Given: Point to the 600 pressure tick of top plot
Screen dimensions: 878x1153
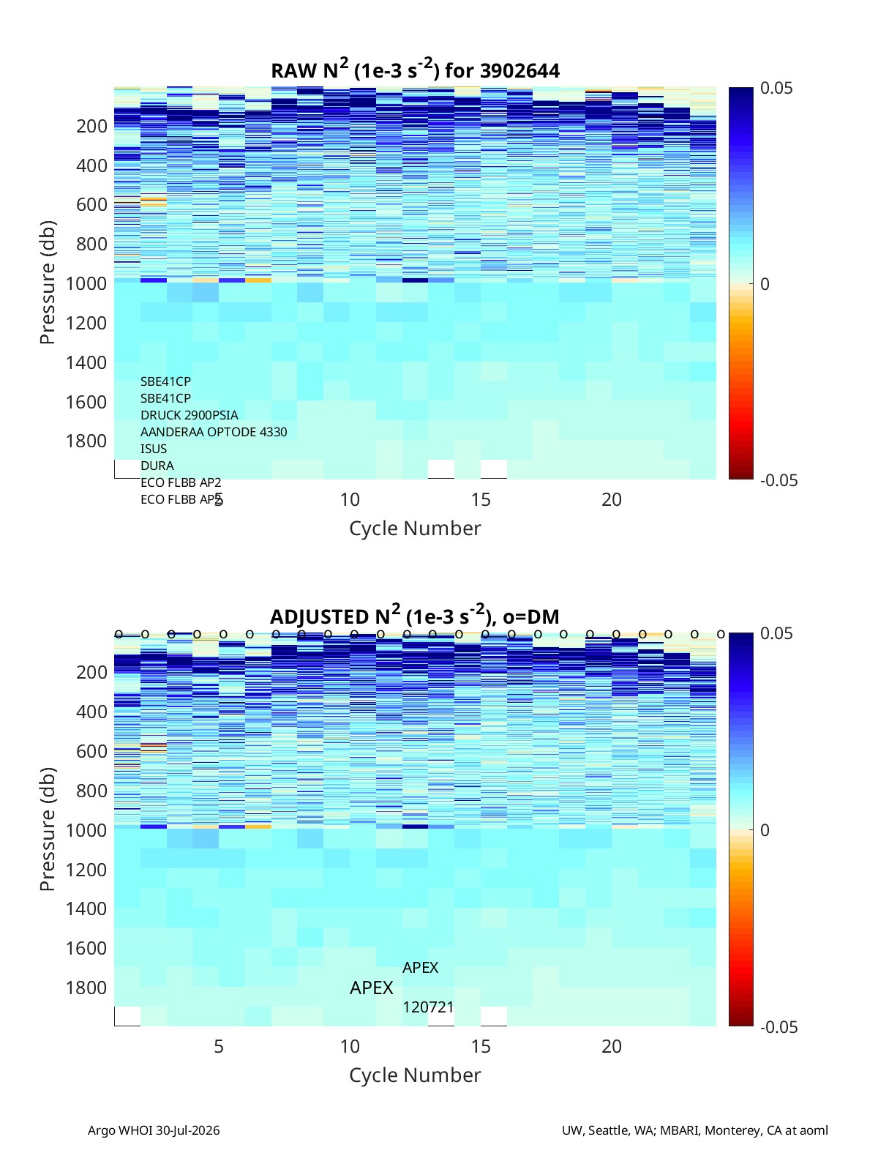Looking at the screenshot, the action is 91,205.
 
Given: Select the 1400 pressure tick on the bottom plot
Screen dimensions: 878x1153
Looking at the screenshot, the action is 86,908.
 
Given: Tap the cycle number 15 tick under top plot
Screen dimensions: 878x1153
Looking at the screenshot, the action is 480,499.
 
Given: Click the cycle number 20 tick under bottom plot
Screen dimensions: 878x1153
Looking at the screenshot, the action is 612,1046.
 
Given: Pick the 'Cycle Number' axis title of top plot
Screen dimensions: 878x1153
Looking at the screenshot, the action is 415,529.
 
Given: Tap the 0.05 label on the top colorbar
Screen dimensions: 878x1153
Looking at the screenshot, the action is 776,88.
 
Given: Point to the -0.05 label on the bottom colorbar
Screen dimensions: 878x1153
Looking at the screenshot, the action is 778,1027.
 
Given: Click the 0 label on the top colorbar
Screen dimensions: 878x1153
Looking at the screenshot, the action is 765,284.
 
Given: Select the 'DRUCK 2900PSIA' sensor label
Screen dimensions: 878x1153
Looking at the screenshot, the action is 189,415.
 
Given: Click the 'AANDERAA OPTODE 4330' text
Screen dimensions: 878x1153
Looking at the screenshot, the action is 214,432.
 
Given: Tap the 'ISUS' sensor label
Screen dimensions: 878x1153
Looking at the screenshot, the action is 153,449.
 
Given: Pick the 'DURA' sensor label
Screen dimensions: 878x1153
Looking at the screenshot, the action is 157,466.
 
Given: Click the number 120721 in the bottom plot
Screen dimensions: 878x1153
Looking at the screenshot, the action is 428,1007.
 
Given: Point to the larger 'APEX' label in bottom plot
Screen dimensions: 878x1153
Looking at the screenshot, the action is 371,988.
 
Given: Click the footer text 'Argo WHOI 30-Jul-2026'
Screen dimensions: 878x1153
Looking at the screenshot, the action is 154,1130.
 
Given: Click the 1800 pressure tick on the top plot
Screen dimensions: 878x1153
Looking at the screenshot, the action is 86,441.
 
